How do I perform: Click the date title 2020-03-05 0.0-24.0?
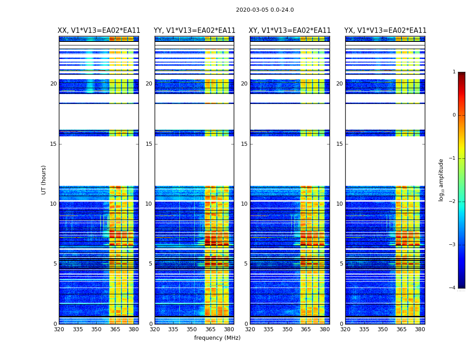pos(265,10)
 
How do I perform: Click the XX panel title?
pos(99,31)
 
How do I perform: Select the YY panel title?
pos(194,31)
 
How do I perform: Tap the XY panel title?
pos(290,31)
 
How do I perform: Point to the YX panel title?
pos(385,31)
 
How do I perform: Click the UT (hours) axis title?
pos(44,180)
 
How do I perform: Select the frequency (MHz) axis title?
pos(217,338)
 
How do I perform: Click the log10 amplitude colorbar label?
pos(441,180)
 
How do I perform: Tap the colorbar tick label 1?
pos(454,72)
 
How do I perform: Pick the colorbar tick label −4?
pos(453,288)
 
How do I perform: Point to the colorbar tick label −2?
pos(453,202)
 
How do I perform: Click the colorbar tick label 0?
pos(454,115)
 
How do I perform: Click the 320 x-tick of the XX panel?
pos(59,329)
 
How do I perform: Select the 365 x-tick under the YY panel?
pos(210,329)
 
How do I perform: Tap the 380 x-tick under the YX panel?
pos(420,329)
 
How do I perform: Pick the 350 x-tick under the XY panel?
pos(287,329)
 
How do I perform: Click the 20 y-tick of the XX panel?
pos(53,84)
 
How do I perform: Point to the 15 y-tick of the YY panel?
pos(149,144)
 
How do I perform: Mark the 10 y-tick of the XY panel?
pos(244,204)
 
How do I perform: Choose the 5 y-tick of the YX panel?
pos(341,264)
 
